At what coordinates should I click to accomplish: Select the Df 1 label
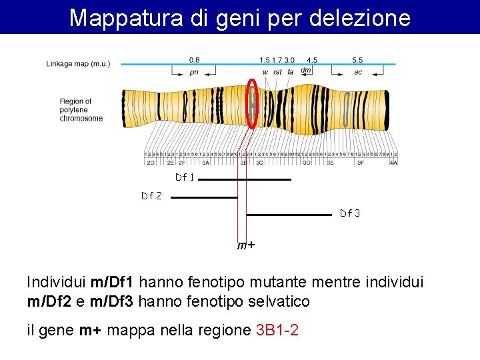pos(185,178)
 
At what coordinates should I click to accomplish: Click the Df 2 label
pos(151,196)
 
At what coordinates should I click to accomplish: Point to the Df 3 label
pos(350,213)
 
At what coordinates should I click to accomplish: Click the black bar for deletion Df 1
pos(245,179)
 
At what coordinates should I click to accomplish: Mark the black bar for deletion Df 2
pos(204,197)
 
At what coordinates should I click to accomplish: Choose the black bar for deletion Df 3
pos(289,215)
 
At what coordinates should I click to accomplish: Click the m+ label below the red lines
pos(246,245)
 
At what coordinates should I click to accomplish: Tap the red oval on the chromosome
pos(253,102)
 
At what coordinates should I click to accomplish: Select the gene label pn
pos(194,72)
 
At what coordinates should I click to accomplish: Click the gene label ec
pos(358,72)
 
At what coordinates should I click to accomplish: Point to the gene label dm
pos(306,70)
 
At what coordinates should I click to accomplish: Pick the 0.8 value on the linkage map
pos(194,60)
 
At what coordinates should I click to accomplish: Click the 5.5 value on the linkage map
pos(358,60)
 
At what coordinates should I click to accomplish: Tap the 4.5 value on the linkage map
pos(312,60)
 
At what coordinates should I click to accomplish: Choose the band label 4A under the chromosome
pos(394,162)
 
